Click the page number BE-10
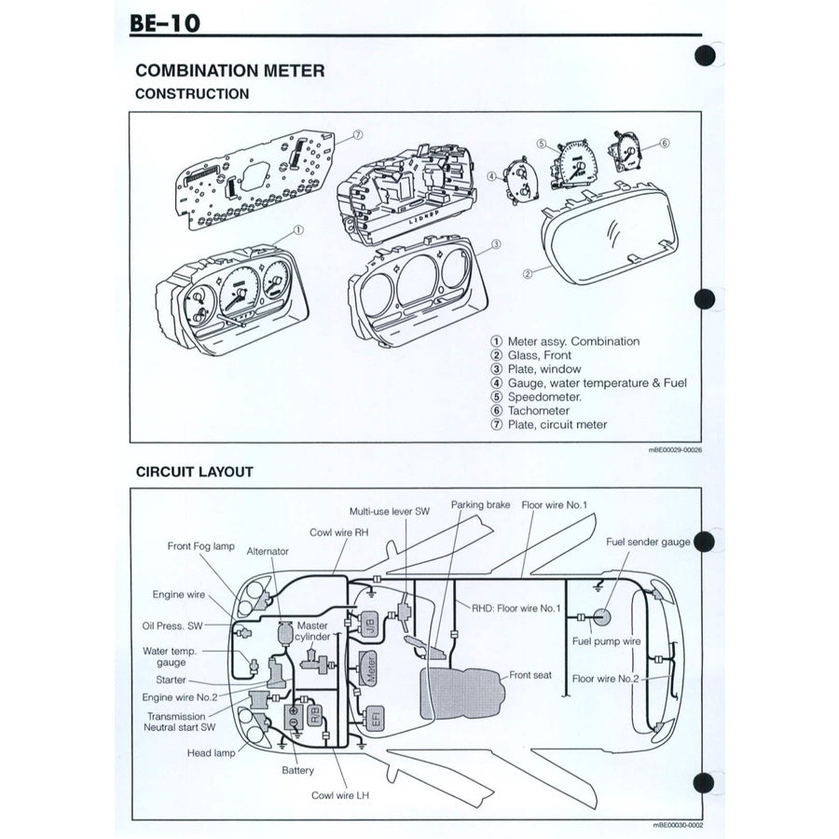(165, 21)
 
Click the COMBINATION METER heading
(229, 71)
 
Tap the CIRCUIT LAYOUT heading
(193, 472)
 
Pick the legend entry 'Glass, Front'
(539, 355)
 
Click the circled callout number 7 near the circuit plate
(357, 135)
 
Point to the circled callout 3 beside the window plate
(497, 244)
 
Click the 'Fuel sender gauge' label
(648, 542)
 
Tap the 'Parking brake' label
(481, 504)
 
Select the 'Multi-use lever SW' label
(390, 512)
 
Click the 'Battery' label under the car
(298, 771)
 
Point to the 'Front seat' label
(530, 675)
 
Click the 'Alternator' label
(268, 551)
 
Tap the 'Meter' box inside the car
(370, 669)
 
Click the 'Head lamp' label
(211, 753)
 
